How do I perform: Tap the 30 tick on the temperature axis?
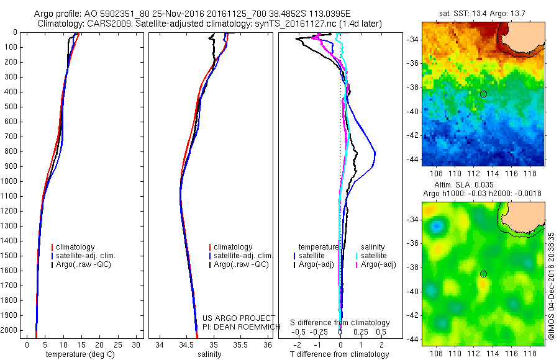coord(137,344)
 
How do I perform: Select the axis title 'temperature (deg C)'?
coord(79,354)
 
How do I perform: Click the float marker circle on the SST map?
coord(483,94)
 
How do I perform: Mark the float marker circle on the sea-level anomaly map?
coord(483,274)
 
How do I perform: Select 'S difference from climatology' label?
coord(340,323)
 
